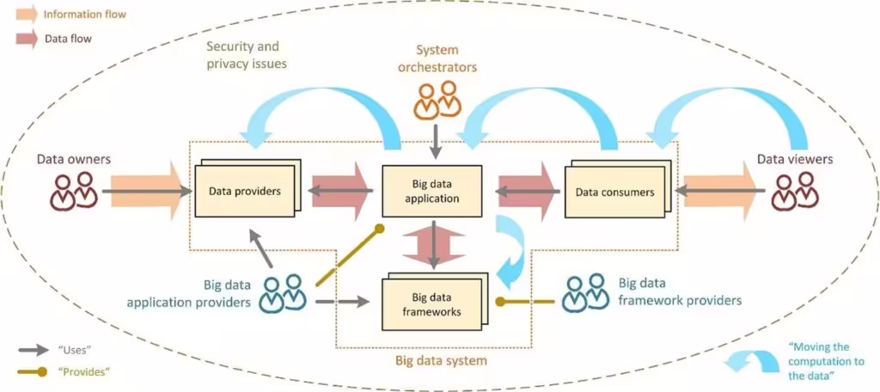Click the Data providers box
(x=244, y=191)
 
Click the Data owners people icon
(x=73, y=191)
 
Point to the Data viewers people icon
(x=794, y=191)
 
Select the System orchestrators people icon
(x=437, y=101)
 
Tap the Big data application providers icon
(x=284, y=292)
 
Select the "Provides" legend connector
(x=34, y=371)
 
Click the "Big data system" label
(x=441, y=361)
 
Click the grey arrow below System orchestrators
(x=437, y=140)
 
